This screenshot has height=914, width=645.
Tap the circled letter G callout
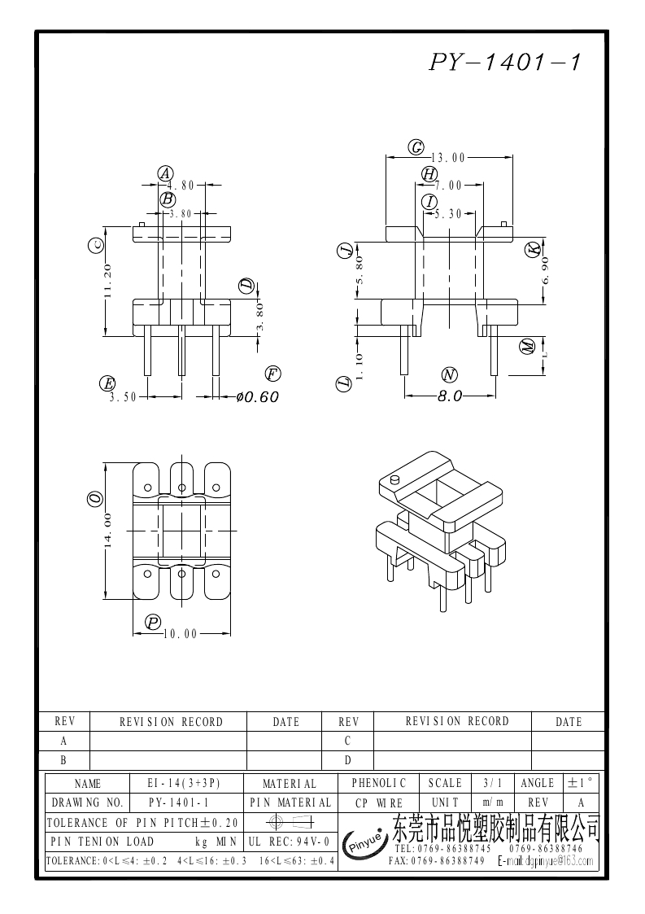tap(416, 147)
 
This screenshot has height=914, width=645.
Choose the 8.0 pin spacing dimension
tap(450, 396)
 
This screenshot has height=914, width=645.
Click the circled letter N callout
tap(449, 374)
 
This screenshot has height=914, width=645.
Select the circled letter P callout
tap(153, 622)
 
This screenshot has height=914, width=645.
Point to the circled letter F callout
tap(272, 374)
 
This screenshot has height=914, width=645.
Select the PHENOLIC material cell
tap(378, 783)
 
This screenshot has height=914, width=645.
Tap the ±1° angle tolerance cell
tap(581, 783)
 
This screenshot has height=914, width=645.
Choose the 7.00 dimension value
tap(447, 186)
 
